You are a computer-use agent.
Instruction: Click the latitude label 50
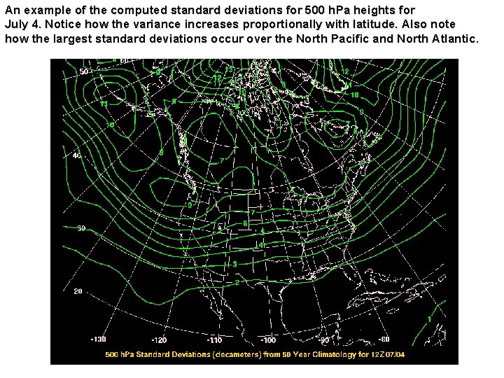[x=83, y=71]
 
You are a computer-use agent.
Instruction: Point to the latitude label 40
[x=77, y=155]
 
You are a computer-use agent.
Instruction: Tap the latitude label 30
[x=81, y=228]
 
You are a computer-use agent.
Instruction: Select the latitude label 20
[x=78, y=290]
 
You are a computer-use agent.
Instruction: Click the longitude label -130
[x=99, y=339]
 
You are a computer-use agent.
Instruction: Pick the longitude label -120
[x=159, y=340]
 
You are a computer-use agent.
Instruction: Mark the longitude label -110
[x=215, y=340]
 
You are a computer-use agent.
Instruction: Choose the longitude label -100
[x=268, y=340]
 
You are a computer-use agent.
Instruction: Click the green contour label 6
[x=245, y=223]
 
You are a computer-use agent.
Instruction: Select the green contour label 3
[x=235, y=264]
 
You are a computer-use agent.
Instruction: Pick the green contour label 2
[x=237, y=282]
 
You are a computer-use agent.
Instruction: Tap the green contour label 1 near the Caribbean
[x=429, y=320]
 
